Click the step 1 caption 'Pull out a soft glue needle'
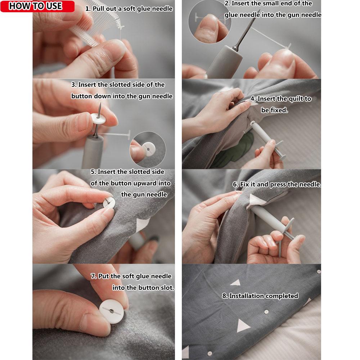pyautogui.click(x=129, y=9)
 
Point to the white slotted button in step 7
pyautogui.click(x=112, y=310)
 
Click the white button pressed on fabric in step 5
pyautogui.click(x=109, y=203)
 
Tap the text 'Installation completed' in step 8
pyautogui.click(x=260, y=296)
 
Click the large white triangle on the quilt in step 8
pyautogui.click(x=243, y=326)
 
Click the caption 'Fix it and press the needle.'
pyautogui.click(x=276, y=184)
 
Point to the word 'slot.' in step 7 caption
pyautogui.click(x=167, y=288)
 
